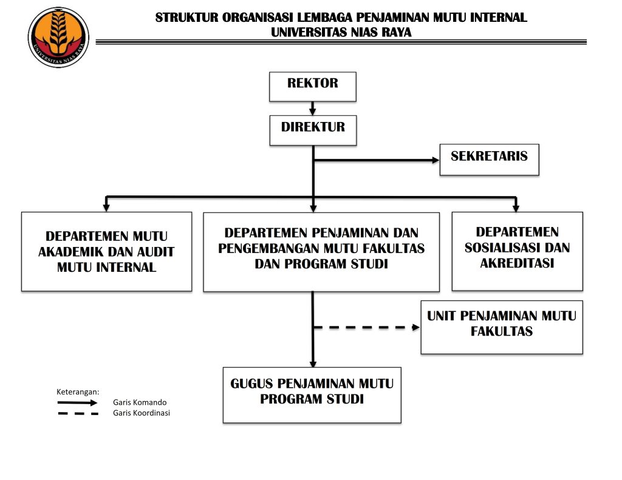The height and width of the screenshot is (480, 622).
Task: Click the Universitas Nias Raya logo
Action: [58, 37]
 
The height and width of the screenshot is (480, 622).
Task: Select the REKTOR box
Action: [312, 86]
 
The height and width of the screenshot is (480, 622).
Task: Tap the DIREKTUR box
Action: [312, 130]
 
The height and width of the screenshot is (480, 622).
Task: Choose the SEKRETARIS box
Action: [489, 158]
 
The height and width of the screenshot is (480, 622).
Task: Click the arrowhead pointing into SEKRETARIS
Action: [436, 160]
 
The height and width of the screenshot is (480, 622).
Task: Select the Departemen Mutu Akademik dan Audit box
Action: [106, 251]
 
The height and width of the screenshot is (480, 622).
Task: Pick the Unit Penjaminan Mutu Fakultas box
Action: [501, 326]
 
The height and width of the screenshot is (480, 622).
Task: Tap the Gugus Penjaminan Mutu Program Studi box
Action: [312, 394]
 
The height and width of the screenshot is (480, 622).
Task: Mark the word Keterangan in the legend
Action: [78, 391]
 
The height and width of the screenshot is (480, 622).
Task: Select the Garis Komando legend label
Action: [140, 402]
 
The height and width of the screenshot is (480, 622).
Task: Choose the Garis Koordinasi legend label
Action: [142, 413]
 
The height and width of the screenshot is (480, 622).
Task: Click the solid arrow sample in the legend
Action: [77, 402]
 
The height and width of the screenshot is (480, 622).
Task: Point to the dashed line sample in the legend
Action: [77, 413]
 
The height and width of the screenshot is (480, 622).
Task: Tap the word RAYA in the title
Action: [396, 33]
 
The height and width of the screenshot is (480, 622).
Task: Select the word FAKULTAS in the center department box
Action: [398, 248]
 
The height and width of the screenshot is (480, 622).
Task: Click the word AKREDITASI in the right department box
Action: [517, 264]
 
